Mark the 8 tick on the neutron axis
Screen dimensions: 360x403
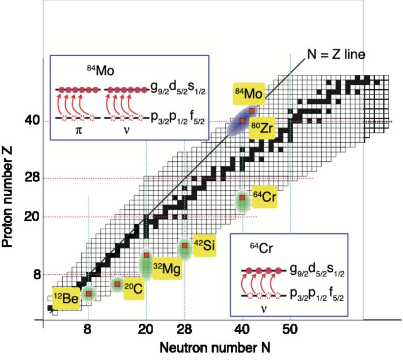pyautogui.click(x=88, y=331)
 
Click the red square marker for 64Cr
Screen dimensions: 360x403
pyautogui.click(x=242, y=198)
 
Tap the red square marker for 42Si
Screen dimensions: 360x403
pyautogui.click(x=185, y=246)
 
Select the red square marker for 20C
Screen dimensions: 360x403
pyautogui.click(x=117, y=284)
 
